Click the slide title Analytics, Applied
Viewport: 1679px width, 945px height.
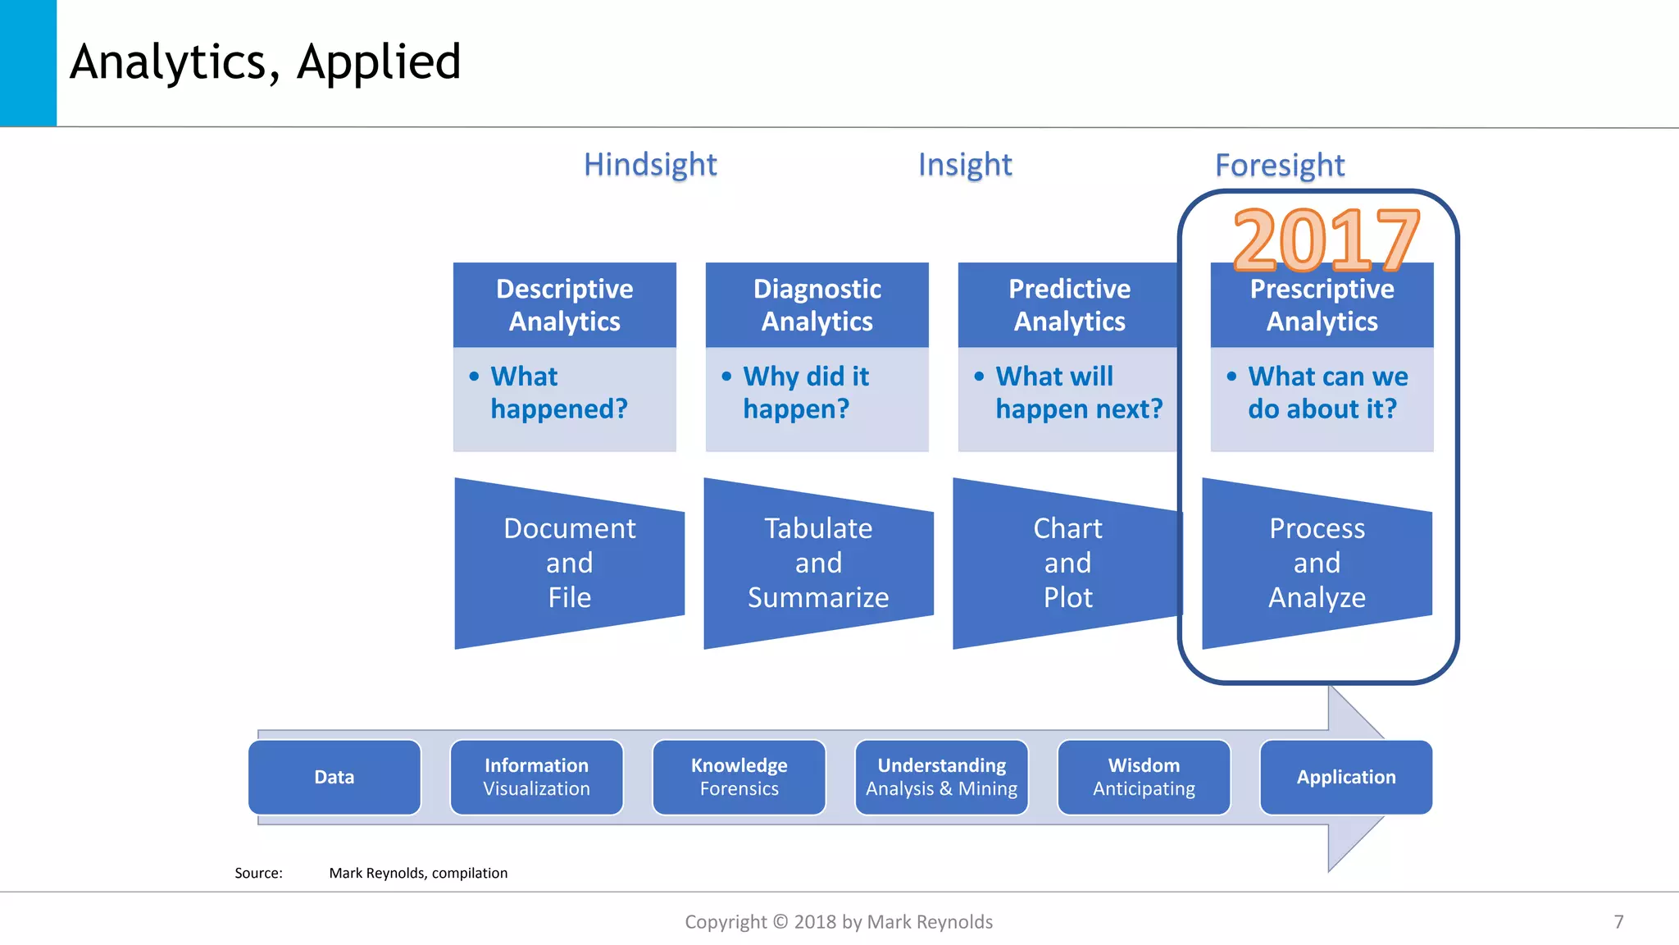click(265, 62)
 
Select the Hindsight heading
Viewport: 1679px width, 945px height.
click(650, 164)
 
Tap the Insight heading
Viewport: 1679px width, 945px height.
click(965, 164)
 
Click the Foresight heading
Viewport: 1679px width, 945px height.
click(1279, 165)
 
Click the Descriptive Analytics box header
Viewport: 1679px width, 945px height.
click(564, 304)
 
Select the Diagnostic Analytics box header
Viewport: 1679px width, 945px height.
click(817, 304)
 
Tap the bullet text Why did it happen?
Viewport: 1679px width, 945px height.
click(805, 392)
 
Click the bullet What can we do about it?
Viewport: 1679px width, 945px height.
click(1326, 392)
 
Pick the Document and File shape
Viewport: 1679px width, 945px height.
click(569, 563)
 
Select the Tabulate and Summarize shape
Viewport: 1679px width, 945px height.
click(817, 563)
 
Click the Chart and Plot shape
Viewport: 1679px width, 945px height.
click(1067, 563)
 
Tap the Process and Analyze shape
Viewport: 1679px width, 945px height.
click(1316, 563)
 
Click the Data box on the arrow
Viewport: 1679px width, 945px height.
click(334, 777)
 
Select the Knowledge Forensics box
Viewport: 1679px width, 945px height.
click(739, 777)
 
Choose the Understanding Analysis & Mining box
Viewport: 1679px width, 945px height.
click(941, 777)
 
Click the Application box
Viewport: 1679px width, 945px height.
click(1345, 777)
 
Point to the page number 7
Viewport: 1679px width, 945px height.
click(1618, 922)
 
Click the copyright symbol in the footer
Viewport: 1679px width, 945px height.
click(780, 922)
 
